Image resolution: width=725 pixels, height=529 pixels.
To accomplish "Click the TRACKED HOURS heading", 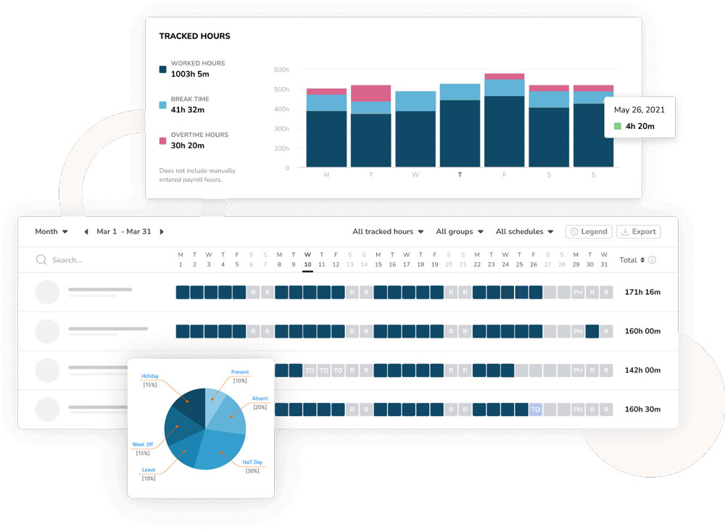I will click(x=194, y=36).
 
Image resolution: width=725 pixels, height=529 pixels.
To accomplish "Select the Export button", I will click(x=638, y=232).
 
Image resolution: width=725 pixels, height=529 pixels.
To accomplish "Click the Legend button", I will click(x=588, y=232).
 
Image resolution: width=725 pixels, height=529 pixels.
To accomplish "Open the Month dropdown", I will click(x=51, y=232).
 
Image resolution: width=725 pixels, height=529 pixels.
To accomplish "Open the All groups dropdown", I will click(x=460, y=232).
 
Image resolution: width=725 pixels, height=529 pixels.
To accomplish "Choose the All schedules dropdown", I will click(x=524, y=232).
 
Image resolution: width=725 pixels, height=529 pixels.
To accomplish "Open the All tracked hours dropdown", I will click(x=388, y=232).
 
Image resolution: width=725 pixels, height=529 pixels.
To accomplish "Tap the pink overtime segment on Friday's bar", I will click(x=505, y=76).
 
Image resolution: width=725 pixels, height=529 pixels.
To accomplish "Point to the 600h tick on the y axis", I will click(x=281, y=70).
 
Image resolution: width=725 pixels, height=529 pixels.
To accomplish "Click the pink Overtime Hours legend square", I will click(x=163, y=141).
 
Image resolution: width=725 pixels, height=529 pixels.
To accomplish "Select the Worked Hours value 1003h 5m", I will click(x=190, y=74).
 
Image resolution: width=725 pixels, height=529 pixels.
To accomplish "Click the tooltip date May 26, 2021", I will click(x=639, y=110).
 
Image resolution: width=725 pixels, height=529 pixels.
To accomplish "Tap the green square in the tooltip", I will click(x=617, y=126).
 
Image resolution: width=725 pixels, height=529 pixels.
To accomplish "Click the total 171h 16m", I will click(x=642, y=292).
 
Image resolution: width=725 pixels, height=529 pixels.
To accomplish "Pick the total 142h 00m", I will click(x=642, y=370).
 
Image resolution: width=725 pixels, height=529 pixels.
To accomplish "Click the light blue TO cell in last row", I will click(x=535, y=409).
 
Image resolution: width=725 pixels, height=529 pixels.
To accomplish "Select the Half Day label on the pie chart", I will click(x=252, y=462).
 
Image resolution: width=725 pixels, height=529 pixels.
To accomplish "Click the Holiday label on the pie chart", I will click(x=150, y=377).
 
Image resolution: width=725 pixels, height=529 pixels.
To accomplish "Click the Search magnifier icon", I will click(x=41, y=259).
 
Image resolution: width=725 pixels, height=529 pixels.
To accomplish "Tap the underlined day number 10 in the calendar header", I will click(x=307, y=265).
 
